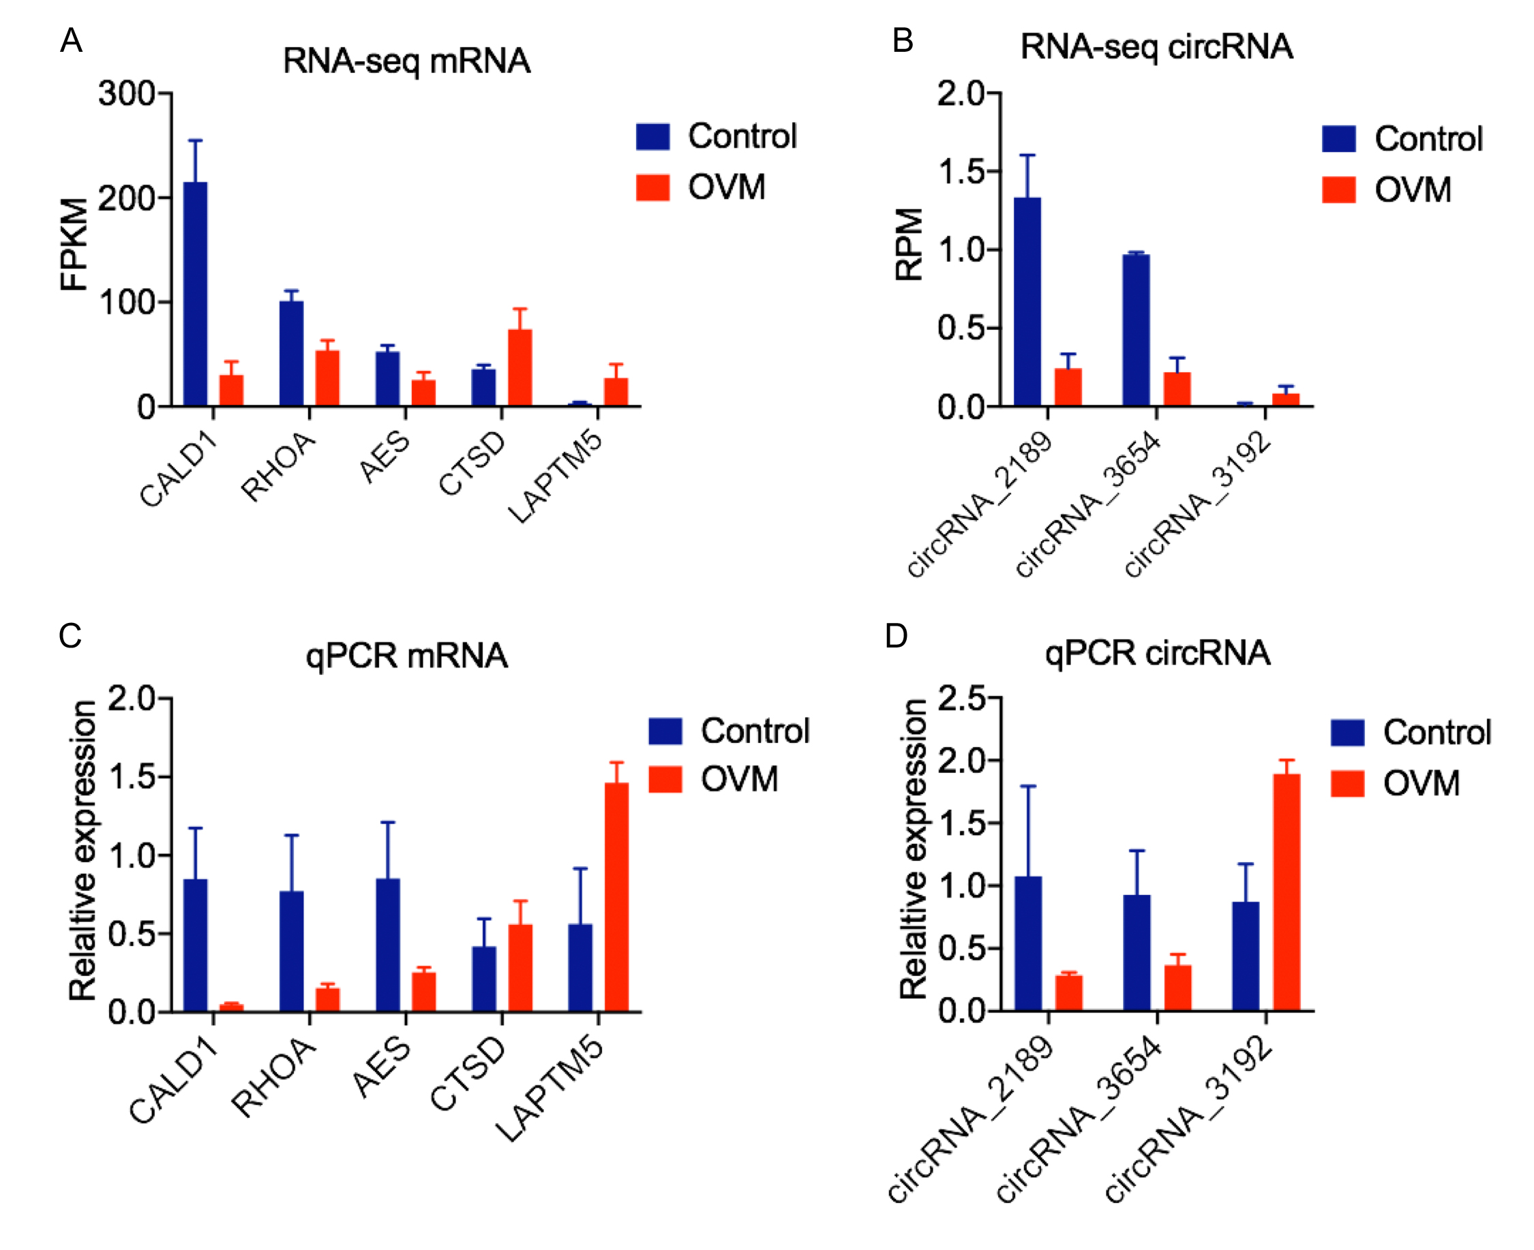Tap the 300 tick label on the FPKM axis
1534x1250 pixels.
coord(127,93)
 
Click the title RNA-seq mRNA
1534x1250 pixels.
coord(406,61)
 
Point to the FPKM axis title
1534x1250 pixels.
coord(74,245)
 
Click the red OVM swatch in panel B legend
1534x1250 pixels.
coord(1338,190)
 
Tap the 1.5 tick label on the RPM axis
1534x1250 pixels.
coord(961,171)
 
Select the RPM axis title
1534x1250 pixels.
coord(908,245)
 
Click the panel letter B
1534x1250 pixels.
coord(903,41)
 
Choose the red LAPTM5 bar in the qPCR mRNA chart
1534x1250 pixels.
coord(616,896)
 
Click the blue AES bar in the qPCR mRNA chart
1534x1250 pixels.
coord(387,944)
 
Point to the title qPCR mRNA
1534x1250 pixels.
coord(406,656)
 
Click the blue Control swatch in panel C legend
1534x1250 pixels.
coord(665,731)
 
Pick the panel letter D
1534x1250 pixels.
coord(896,636)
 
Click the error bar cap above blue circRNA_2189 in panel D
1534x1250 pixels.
coord(1027,787)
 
